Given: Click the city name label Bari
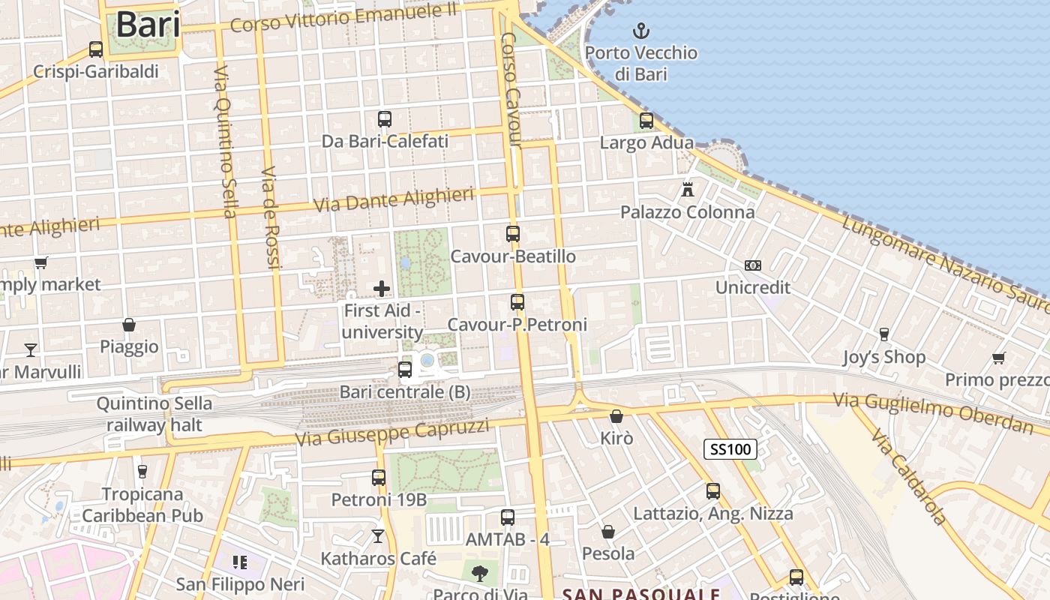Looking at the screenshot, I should click(148, 25).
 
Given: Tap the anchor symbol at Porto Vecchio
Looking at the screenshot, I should click(641, 31).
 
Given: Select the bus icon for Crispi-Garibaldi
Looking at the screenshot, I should click(96, 49).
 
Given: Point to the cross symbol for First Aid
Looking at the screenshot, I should click(382, 288).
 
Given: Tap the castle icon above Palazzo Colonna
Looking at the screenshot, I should click(688, 190).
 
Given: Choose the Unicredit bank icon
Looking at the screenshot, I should click(752, 265).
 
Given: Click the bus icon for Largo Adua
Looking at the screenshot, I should click(646, 120).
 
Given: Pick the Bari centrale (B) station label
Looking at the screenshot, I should click(405, 391).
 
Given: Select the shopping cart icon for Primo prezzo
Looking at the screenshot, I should click(998, 358).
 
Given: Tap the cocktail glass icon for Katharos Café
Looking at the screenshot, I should click(378, 536).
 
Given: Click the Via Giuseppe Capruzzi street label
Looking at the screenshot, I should click(393, 433).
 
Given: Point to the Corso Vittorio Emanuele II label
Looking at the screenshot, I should click(343, 19).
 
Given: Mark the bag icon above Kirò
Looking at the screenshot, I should click(616, 415).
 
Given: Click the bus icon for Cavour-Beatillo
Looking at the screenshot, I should click(513, 234).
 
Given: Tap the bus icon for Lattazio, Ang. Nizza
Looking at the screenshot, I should click(713, 491).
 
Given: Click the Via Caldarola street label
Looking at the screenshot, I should click(909, 477).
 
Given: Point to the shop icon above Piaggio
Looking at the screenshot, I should click(129, 325).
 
